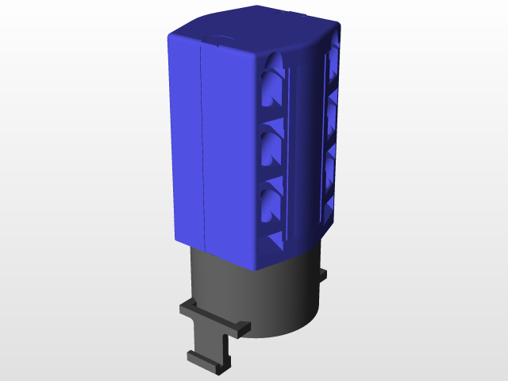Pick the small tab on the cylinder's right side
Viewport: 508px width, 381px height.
[323, 275]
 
